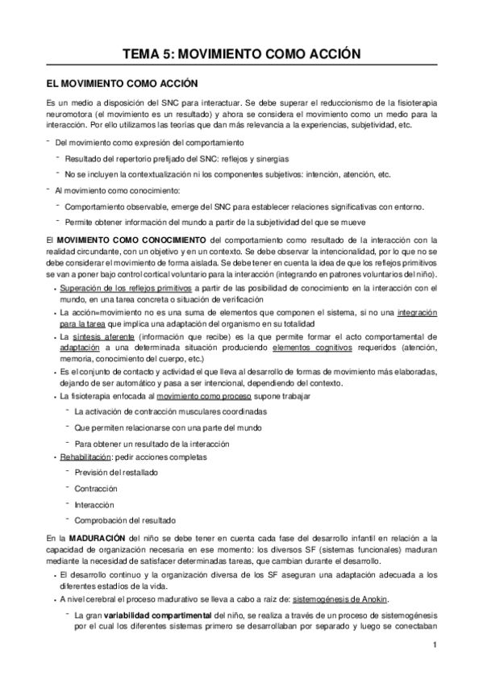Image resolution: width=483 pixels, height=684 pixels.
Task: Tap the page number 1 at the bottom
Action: click(x=435, y=644)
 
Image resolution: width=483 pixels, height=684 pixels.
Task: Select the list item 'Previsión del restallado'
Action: click(x=116, y=473)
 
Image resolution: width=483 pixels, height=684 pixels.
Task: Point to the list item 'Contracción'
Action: click(x=96, y=488)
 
